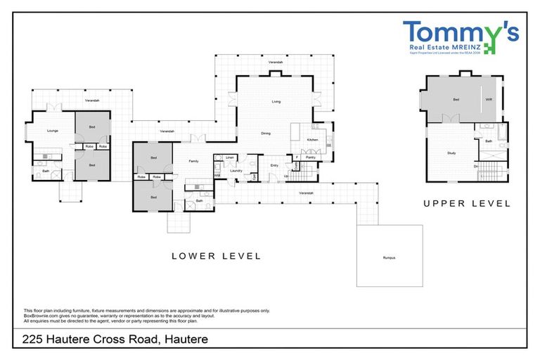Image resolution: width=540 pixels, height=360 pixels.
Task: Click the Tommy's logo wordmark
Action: pyautogui.click(x=461, y=32)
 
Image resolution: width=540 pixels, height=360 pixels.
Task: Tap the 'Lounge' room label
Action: pyautogui.click(x=52, y=131)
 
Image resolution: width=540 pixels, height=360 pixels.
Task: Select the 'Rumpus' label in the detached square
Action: pyautogui.click(x=390, y=258)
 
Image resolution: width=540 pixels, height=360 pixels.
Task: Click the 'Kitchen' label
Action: pyautogui.click(x=312, y=140)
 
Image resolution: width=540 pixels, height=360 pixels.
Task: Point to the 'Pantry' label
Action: pyautogui.click(x=310, y=157)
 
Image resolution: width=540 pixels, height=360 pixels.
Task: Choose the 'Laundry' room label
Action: pyautogui.click(x=236, y=170)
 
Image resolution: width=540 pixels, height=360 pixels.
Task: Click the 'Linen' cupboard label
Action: pyautogui.click(x=230, y=157)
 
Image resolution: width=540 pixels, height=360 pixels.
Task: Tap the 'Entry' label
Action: pyautogui.click(x=274, y=165)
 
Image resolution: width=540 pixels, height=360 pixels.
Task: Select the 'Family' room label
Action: pyautogui.click(x=193, y=161)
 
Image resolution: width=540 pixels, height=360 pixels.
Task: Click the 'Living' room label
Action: pyautogui.click(x=276, y=102)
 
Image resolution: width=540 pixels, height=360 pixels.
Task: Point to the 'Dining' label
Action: pyautogui.click(x=266, y=133)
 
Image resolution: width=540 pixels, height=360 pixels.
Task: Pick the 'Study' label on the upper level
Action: pyautogui.click(x=451, y=152)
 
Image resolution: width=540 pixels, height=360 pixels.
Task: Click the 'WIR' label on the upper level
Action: pyautogui.click(x=489, y=100)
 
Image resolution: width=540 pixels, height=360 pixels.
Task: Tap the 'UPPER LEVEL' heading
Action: pyautogui.click(x=466, y=203)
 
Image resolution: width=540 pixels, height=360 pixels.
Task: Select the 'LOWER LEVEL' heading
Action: pyautogui.click(x=216, y=256)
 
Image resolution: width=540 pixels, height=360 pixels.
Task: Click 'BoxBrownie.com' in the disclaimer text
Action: pyautogui.click(x=44, y=315)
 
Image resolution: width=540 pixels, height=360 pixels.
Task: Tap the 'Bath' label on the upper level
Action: pyautogui.click(x=489, y=141)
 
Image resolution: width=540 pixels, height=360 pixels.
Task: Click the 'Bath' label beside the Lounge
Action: pyautogui.click(x=46, y=171)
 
